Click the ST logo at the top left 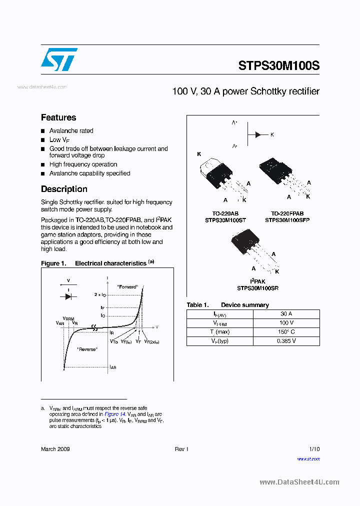(x=59, y=59)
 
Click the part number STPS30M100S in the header (x=278, y=65)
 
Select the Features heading (x=58, y=117)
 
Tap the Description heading (x=64, y=189)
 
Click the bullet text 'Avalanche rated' (x=71, y=130)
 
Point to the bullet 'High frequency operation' (x=83, y=164)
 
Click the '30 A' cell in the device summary (x=286, y=314)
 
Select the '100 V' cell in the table (x=286, y=323)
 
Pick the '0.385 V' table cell (x=286, y=341)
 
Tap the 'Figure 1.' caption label (x=53, y=263)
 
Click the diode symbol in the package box (x=257, y=134)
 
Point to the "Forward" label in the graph (x=127, y=287)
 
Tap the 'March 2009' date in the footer (x=55, y=449)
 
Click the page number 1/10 (x=314, y=449)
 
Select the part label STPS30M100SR (x=257, y=288)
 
